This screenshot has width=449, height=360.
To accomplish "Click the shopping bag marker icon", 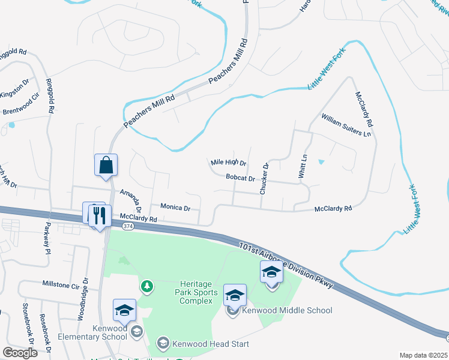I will coord(106,165).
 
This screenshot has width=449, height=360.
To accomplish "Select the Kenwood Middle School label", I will coord(286,310).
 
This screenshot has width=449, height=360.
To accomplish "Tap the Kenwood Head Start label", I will coord(209,344).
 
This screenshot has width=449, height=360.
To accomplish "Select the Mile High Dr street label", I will coord(229,163).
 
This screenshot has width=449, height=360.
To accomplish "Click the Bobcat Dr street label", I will coord(241,178).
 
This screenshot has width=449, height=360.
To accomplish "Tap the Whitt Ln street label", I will coord(303,166).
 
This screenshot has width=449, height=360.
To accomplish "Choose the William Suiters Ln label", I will coord(346,125).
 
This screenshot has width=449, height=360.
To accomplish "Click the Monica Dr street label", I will coord(175,208).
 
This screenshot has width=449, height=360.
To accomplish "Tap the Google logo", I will coord(20,352).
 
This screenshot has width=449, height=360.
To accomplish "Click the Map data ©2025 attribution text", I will coord(424,355).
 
